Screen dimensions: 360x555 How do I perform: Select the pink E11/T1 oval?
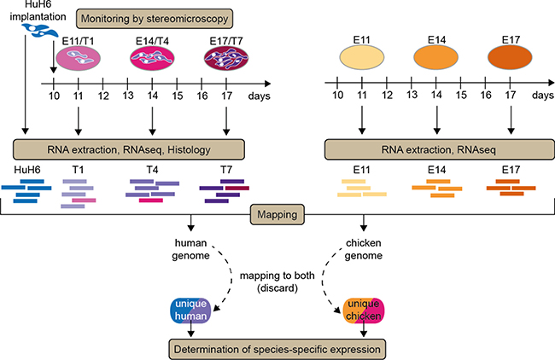78,58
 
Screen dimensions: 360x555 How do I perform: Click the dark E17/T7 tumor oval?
226,58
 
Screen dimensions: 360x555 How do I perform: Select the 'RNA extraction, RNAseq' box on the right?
437,150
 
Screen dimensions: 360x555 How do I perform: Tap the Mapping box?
277,214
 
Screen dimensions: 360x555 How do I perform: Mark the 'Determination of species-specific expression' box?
278,348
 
